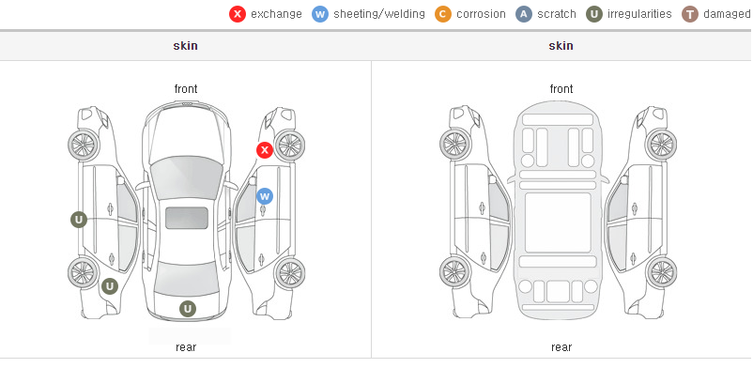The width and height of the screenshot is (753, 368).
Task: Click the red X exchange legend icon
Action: tap(238, 14)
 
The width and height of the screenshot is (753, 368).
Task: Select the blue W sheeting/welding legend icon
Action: tap(320, 14)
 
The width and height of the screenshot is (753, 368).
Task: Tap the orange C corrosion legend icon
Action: tap(443, 14)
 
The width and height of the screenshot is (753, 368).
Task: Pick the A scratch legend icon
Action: tap(524, 14)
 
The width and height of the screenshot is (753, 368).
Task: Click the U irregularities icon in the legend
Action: tap(594, 14)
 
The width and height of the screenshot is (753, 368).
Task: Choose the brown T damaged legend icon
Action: tap(689, 14)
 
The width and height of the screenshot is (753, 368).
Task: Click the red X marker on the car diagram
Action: tap(265, 150)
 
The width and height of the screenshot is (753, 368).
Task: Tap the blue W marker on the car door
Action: tap(265, 196)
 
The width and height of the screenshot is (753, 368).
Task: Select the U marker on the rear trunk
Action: tap(188, 309)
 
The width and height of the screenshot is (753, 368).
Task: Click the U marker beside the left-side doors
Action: tap(79, 220)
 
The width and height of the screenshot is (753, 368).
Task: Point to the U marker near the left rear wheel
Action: tap(110, 287)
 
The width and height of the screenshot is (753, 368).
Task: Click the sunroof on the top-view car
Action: tap(187, 218)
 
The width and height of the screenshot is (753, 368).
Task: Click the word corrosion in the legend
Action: tap(481, 14)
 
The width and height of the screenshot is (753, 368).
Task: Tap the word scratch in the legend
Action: tap(557, 14)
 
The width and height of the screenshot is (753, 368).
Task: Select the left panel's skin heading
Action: tap(185, 46)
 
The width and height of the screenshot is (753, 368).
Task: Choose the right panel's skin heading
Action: tap(561, 46)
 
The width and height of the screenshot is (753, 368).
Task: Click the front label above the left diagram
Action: tap(186, 89)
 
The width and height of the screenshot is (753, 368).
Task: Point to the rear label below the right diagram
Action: tap(561, 347)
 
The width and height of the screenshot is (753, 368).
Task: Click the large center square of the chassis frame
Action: tap(558, 222)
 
